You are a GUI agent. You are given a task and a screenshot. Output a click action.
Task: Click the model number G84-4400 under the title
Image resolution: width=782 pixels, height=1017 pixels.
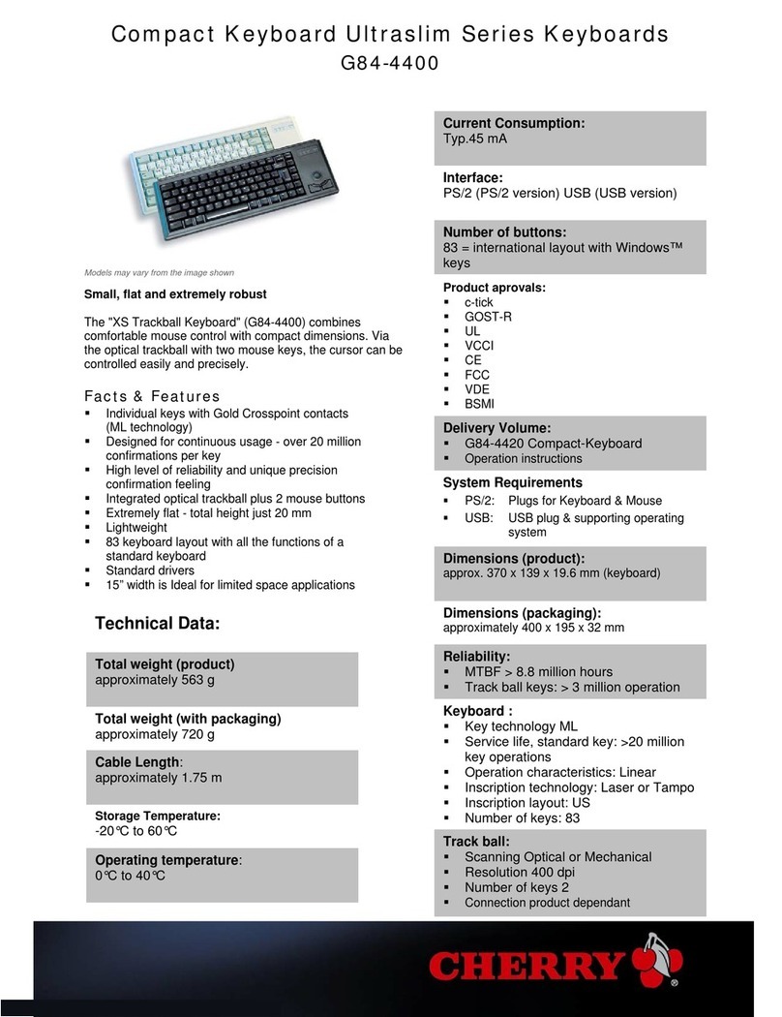pos(390,65)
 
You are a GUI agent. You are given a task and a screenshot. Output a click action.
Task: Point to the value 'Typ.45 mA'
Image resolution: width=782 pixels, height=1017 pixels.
pos(475,139)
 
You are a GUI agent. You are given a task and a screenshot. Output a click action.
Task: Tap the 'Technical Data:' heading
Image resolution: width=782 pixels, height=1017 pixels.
pos(158,625)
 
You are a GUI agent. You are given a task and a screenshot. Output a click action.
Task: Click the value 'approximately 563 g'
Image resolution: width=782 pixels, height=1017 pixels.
pos(154,680)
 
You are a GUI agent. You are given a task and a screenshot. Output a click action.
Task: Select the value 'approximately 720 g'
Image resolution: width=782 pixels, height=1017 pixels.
pos(154,734)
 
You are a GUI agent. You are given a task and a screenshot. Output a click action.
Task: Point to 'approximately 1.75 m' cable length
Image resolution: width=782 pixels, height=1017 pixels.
pos(158,778)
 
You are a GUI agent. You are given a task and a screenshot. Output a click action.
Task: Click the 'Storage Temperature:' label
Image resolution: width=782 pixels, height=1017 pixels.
pos(157,816)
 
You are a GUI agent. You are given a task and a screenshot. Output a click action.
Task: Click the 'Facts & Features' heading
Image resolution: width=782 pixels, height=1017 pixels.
pos(152,396)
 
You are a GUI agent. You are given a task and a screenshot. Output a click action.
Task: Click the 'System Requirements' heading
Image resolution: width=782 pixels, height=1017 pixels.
pos(512,482)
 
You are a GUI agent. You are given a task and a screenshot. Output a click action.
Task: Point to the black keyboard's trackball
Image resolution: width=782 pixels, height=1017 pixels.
pos(320,163)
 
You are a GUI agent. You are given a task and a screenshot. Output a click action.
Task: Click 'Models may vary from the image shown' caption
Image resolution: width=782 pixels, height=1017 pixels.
pos(159,272)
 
